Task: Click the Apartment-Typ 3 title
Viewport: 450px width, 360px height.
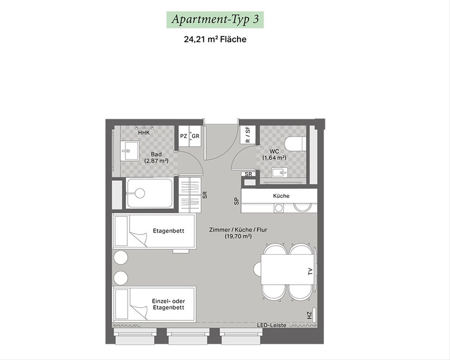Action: (x=215, y=19)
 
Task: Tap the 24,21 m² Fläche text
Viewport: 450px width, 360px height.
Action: (x=215, y=39)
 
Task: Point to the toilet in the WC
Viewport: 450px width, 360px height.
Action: (x=295, y=144)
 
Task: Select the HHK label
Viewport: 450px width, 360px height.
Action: (x=144, y=133)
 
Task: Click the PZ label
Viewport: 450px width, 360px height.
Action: (x=183, y=136)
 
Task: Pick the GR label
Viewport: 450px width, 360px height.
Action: (x=196, y=136)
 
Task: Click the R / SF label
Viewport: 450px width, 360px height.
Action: (x=247, y=135)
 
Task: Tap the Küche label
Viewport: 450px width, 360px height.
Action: (x=281, y=196)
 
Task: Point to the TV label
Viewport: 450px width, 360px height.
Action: (x=310, y=272)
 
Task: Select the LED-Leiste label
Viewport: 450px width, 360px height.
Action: (x=272, y=325)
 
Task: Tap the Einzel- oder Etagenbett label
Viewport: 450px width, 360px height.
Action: (x=168, y=304)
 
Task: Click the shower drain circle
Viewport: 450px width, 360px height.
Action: (x=140, y=193)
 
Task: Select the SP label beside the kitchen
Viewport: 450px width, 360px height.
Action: (x=236, y=201)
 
